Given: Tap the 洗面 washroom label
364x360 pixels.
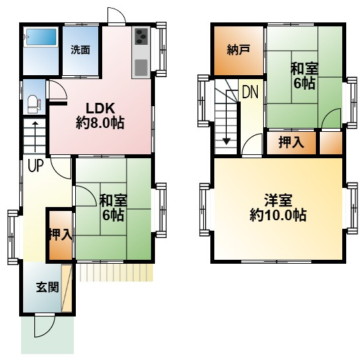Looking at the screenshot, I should click(x=80, y=49).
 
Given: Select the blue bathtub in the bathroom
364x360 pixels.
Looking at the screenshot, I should click(x=41, y=39).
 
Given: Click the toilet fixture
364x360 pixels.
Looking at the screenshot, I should click(x=34, y=104).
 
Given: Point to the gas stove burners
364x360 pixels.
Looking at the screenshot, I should click(x=142, y=36).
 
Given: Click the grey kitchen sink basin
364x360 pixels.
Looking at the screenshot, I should click(x=142, y=67).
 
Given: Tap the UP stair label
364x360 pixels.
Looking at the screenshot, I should click(x=34, y=165).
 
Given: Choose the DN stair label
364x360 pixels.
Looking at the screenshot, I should click(x=249, y=92).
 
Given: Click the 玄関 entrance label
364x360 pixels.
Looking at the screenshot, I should click(x=47, y=287).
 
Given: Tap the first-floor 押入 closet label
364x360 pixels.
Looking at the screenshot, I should click(x=59, y=234).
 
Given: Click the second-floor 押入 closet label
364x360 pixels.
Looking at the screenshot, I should click(x=291, y=142).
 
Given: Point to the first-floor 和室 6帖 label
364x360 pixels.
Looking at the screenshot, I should click(x=113, y=207).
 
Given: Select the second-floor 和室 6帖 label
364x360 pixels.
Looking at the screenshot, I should click(x=304, y=75).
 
